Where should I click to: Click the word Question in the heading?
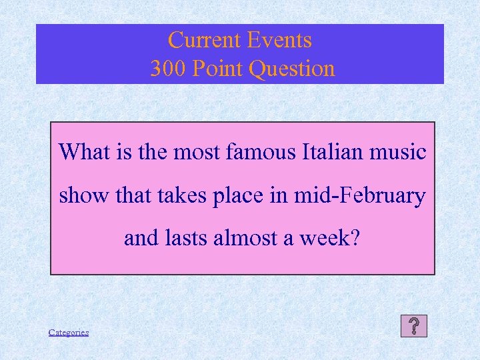click(294, 69)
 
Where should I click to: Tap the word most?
click(198, 152)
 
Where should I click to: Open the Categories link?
click(69, 332)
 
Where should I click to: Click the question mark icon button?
click(414, 326)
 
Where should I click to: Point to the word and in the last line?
click(141, 238)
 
